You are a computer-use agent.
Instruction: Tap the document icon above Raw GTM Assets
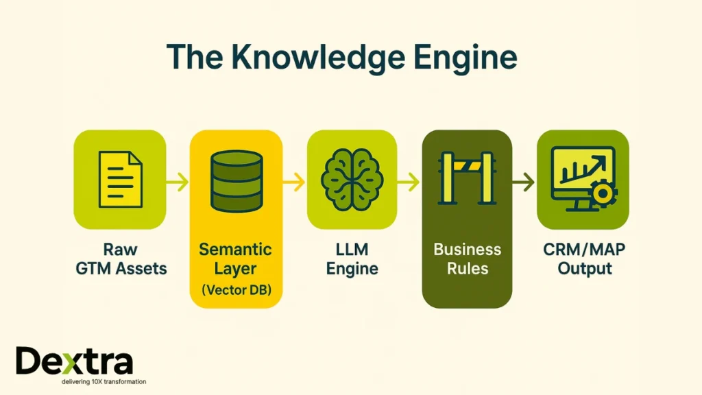(120, 179)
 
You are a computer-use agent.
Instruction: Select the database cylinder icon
(237, 181)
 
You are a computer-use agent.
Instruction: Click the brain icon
(352, 179)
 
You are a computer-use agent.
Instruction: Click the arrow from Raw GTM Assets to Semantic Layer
(178, 182)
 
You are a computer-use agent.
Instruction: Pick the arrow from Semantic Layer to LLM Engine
(294, 182)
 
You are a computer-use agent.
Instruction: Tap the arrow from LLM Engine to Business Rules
(409, 182)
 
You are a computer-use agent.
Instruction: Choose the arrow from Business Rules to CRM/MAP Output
(524, 182)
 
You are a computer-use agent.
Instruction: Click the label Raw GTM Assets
(121, 259)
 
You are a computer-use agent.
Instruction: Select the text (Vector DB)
(237, 289)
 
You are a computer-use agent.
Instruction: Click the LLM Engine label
(352, 259)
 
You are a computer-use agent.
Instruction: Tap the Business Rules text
(467, 259)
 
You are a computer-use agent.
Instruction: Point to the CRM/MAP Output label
(584, 259)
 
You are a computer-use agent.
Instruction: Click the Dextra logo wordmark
(74, 361)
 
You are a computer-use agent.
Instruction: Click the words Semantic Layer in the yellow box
(236, 259)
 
